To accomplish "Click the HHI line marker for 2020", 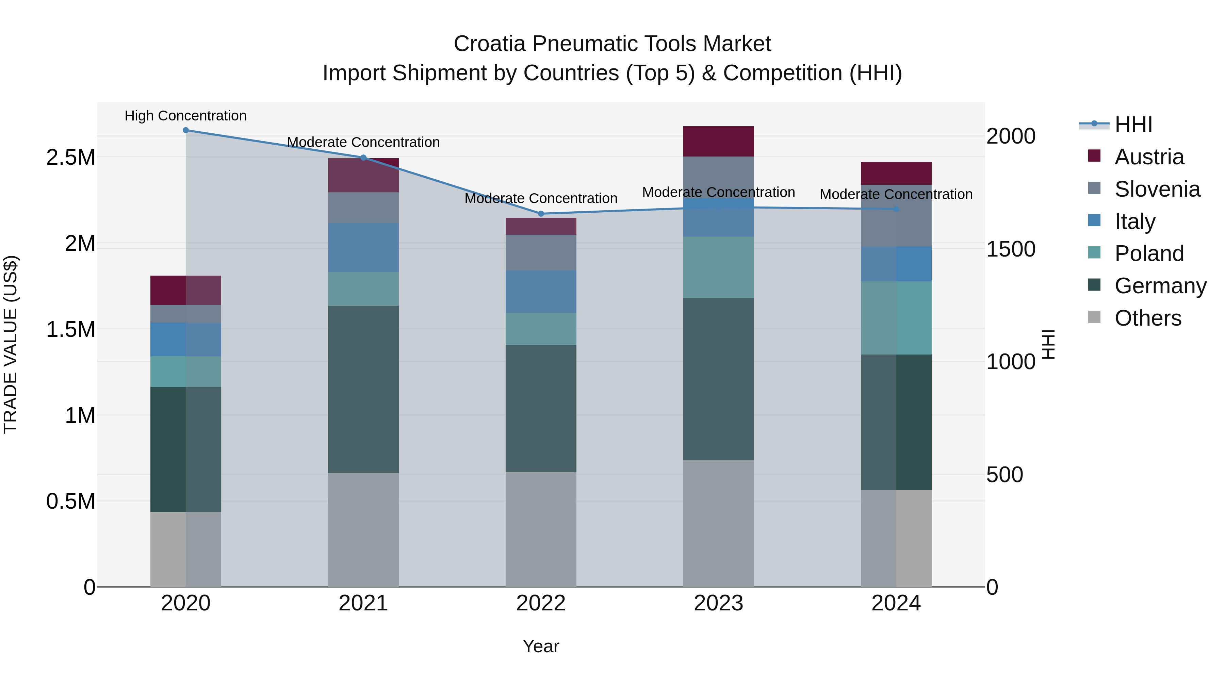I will click(x=186, y=130).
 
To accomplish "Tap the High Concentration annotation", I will click(x=185, y=116).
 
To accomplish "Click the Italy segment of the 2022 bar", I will click(x=541, y=292).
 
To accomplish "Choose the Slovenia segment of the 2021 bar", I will click(x=363, y=208).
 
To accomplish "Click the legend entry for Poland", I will click(x=1149, y=253).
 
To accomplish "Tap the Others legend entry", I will click(x=1147, y=318).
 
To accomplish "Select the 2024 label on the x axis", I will click(x=896, y=603).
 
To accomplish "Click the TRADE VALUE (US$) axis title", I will click(x=11, y=344).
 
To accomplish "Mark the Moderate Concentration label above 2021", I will click(x=363, y=142).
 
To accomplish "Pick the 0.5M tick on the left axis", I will click(x=70, y=501).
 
